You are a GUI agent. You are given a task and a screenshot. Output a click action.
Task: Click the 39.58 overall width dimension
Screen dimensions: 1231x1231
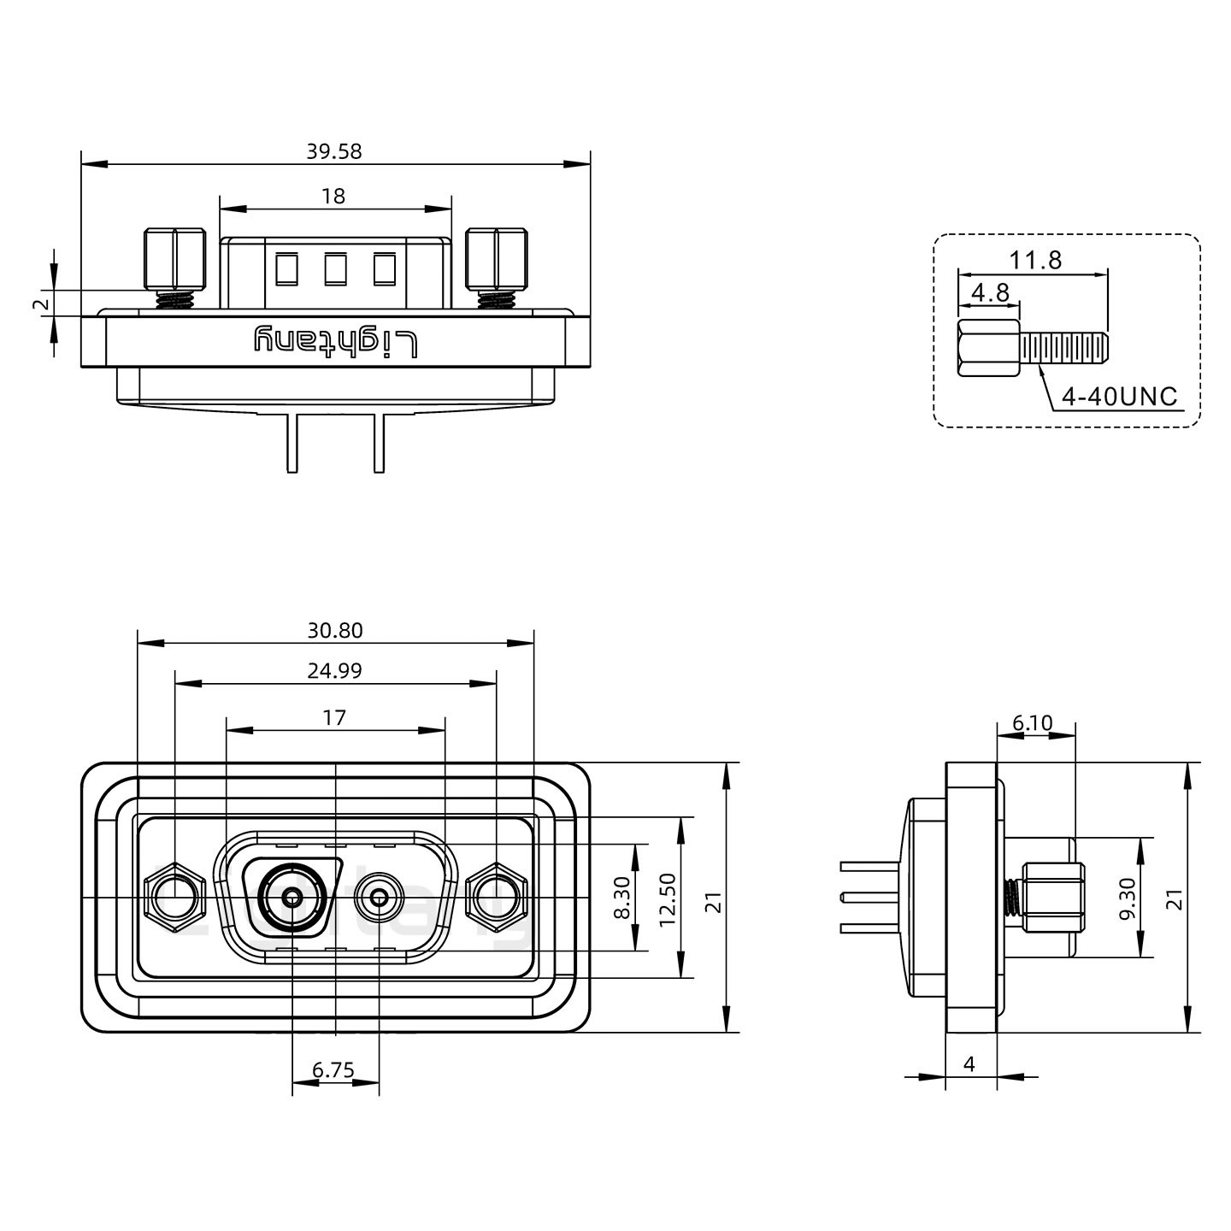[334, 151]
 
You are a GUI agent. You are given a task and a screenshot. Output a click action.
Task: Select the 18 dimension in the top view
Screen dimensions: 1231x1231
[333, 197]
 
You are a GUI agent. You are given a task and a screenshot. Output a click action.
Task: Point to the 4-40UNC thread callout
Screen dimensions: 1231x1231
[1119, 397]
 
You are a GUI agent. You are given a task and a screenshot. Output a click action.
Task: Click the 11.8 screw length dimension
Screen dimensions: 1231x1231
[1036, 260]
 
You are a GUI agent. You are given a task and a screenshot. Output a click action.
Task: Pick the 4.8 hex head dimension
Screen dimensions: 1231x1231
[991, 293]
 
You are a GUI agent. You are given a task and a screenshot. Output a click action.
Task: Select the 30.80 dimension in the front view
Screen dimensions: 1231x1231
[335, 631]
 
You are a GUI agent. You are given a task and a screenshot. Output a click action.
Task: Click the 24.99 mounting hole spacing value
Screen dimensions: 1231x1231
[335, 671]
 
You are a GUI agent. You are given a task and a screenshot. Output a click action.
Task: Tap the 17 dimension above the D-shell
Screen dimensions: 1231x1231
[334, 717]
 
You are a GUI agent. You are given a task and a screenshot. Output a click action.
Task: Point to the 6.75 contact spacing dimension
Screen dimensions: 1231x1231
[333, 1069]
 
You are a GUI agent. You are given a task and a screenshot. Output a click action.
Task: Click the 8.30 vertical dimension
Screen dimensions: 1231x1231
[621, 898]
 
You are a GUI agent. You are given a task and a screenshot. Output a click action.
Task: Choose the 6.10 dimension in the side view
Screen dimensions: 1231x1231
[1033, 723]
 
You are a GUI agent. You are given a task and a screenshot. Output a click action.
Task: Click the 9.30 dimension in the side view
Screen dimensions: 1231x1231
[1128, 898]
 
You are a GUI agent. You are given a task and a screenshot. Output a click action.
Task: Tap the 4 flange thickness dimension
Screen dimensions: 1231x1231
[969, 1064]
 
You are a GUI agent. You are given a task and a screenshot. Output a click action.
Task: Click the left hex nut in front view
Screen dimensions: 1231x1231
[174, 898]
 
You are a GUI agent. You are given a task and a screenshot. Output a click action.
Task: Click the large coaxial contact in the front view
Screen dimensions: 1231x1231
[292, 898]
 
